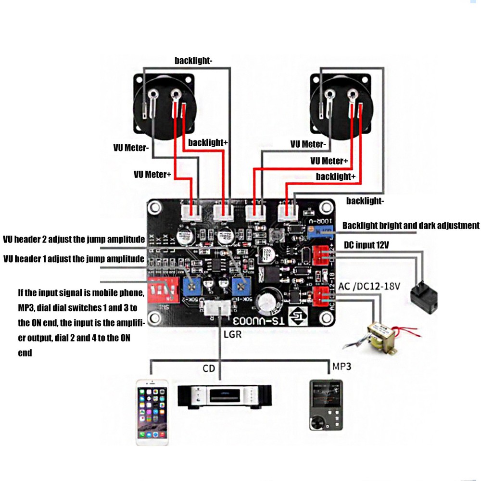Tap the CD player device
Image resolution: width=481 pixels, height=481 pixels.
pos(225,396)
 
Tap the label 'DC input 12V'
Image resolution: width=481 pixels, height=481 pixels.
pos(366,245)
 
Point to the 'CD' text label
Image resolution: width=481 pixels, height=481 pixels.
pos(208,369)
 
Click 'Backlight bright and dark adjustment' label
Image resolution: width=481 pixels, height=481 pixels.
pos(411,226)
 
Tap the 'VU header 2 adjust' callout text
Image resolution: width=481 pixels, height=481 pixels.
pos(74,239)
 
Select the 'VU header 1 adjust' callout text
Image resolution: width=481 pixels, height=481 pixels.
pos(74,259)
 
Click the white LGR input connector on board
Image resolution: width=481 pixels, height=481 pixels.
pos(218,308)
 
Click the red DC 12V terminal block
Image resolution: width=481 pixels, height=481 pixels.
pos(321,254)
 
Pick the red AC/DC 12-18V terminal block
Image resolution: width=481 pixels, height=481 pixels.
pos(321,296)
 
